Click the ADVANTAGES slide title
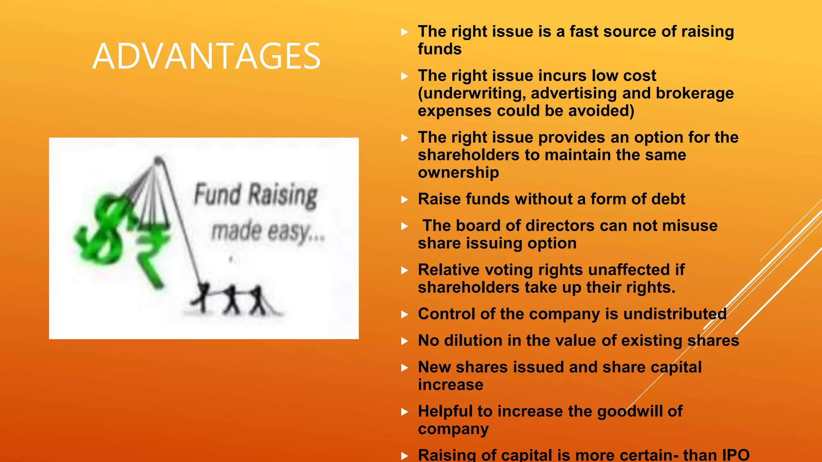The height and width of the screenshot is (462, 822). click(x=206, y=56)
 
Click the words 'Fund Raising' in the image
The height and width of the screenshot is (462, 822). click(x=256, y=195)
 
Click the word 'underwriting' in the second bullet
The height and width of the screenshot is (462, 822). click(x=474, y=93)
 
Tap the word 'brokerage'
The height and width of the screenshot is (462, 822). click(x=694, y=93)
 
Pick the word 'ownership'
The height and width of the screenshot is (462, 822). click(x=458, y=172)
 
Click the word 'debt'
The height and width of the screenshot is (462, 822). click(x=668, y=199)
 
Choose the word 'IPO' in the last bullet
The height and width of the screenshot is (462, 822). click(x=735, y=455)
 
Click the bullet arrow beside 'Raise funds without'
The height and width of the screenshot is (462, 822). click(x=405, y=200)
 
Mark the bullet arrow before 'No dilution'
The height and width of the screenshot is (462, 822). click(x=405, y=341)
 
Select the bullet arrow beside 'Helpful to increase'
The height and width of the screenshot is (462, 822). click(x=405, y=412)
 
